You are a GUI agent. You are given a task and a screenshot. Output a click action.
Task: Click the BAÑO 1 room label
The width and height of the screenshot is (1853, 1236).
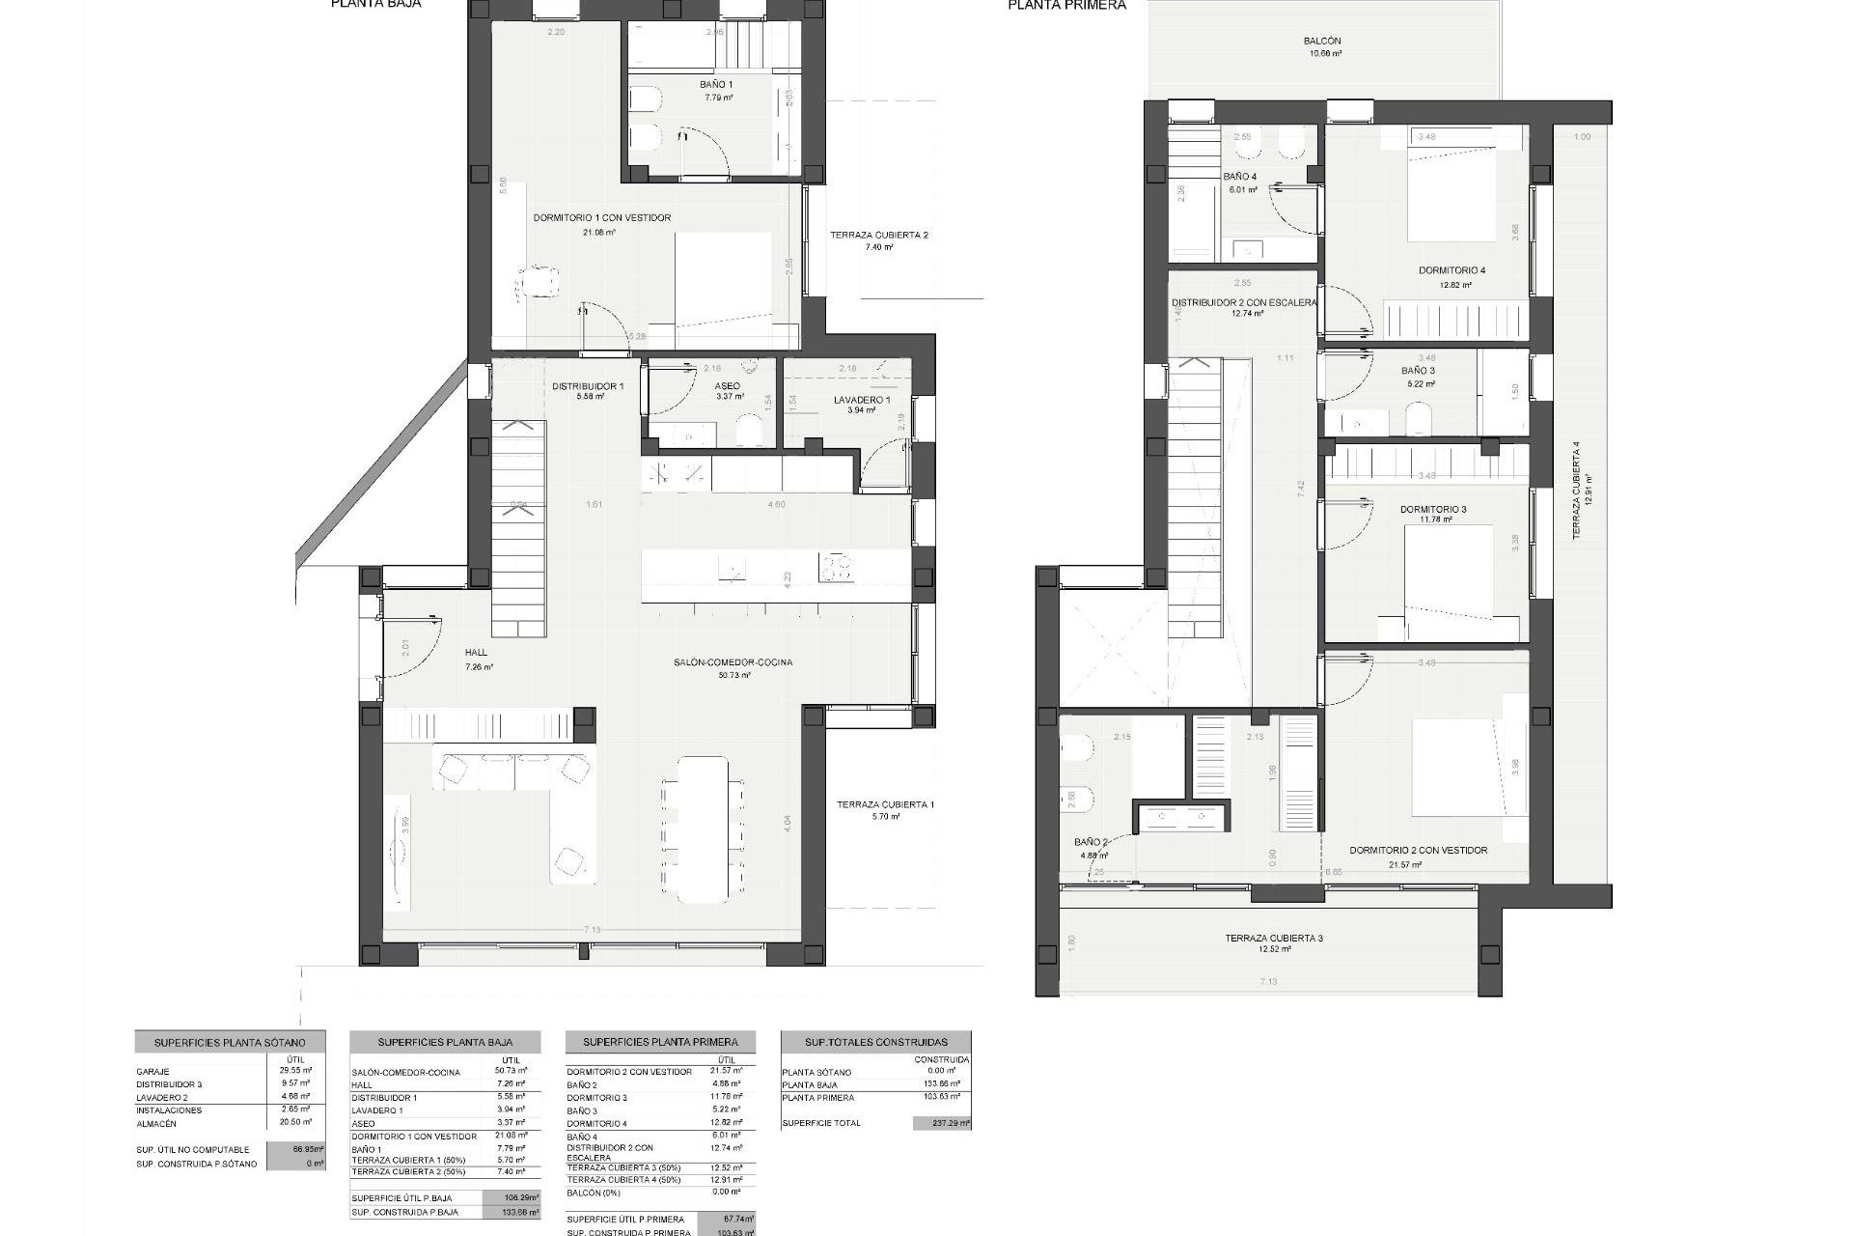pyautogui.click(x=716, y=85)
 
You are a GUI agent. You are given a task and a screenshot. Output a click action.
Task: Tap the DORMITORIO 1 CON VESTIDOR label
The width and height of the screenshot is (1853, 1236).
pyautogui.click(x=601, y=218)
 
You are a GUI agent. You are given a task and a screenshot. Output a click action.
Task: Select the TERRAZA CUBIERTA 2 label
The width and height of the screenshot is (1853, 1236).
pyautogui.click(x=878, y=235)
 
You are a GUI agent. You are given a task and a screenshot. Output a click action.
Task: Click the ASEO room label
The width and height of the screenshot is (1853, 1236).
pyautogui.click(x=728, y=386)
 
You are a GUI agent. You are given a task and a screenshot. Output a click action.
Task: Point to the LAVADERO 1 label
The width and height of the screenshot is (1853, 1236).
pyautogui.click(x=861, y=400)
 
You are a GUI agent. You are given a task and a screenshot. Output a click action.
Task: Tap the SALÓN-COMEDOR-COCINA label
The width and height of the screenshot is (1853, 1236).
pyautogui.click(x=733, y=662)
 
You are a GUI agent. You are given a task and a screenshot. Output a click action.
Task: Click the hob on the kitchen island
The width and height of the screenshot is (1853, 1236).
pyautogui.click(x=837, y=567)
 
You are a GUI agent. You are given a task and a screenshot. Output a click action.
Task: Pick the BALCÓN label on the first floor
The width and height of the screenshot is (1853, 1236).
pyautogui.click(x=1321, y=42)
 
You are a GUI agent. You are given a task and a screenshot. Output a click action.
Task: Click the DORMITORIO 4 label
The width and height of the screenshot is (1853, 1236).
pyautogui.click(x=1452, y=270)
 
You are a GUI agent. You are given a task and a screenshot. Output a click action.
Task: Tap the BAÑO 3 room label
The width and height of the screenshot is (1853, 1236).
pyautogui.click(x=1418, y=371)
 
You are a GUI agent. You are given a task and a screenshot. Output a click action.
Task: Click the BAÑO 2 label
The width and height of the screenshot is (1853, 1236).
pyautogui.click(x=1091, y=842)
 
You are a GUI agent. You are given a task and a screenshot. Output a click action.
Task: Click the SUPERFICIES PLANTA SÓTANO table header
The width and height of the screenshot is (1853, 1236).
pyautogui.click(x=230, y=1043)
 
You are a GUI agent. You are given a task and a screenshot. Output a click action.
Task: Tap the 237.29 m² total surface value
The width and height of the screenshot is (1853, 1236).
pyautogui.click(x=940, y=1123)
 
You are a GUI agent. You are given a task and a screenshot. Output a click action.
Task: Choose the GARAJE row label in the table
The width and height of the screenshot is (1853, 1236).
pyautogui.click(x=152, y=1072)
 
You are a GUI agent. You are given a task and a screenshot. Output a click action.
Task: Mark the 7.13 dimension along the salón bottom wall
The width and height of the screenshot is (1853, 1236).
pyautogui.click(x=592, y=930)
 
